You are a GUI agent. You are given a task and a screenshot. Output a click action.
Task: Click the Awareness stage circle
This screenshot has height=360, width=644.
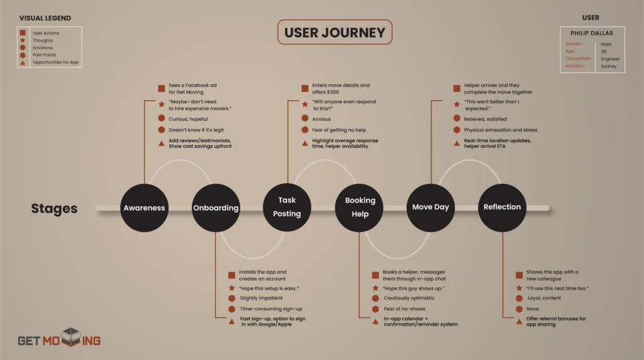[x=144, y=208]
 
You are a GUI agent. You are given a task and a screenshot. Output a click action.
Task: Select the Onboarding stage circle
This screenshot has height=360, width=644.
[x=216, y=208]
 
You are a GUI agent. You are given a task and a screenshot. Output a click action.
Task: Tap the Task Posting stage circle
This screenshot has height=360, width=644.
[x=287, y=207]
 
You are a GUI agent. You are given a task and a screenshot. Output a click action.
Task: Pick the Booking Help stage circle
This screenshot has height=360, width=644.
[x=360, y=207]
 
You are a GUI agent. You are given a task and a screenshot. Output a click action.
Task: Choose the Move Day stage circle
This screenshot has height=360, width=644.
[x=431, y=207]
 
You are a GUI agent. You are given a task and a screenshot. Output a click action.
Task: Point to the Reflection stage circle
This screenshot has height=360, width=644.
[x=502, y=207]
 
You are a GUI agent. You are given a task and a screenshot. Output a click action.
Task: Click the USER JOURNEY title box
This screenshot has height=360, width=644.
[x=335, y=33]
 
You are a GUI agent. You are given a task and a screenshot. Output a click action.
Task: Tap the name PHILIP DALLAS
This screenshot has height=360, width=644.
[x=591, y=33]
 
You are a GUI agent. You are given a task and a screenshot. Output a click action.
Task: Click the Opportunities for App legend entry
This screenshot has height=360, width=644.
[x=57, y=62]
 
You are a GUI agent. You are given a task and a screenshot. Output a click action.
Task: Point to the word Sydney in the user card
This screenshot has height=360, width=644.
[x=608, y=66]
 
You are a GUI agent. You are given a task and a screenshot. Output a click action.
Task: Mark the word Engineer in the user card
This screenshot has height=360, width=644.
[x=610, y=59]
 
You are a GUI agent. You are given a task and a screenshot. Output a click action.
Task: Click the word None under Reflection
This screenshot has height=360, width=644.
[x=532, y=309]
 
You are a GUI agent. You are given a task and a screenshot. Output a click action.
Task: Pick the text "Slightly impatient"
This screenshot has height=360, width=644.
[x=261, y=298]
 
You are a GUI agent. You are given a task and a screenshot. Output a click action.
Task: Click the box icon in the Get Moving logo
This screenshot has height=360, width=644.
[x=72, y=338]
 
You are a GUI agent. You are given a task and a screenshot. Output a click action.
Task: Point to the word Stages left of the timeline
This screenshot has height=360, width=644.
[x=54, y=208]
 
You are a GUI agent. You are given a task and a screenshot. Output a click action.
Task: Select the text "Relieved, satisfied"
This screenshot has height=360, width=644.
[x=485, y=119]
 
